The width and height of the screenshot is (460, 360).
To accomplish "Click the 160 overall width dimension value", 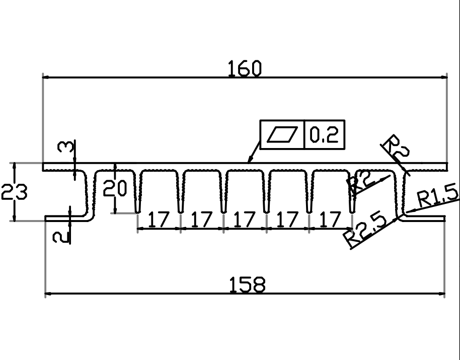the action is (245, 68).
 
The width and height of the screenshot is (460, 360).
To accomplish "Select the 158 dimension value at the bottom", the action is (247, 284).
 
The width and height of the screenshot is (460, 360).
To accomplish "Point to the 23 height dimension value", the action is (14, 192).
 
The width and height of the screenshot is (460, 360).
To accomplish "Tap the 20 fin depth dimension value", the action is (115, 188).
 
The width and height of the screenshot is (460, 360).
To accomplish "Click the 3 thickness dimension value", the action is (65, 147).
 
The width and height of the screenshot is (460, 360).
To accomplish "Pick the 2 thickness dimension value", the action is (61, 237).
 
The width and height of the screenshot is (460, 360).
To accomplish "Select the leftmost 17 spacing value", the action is (159, 219).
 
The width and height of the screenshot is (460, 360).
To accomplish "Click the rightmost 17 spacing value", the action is (330, 219).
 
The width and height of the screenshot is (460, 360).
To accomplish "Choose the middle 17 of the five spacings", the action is (245, 219).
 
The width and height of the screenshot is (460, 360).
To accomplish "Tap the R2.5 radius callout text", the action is (366, 229).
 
